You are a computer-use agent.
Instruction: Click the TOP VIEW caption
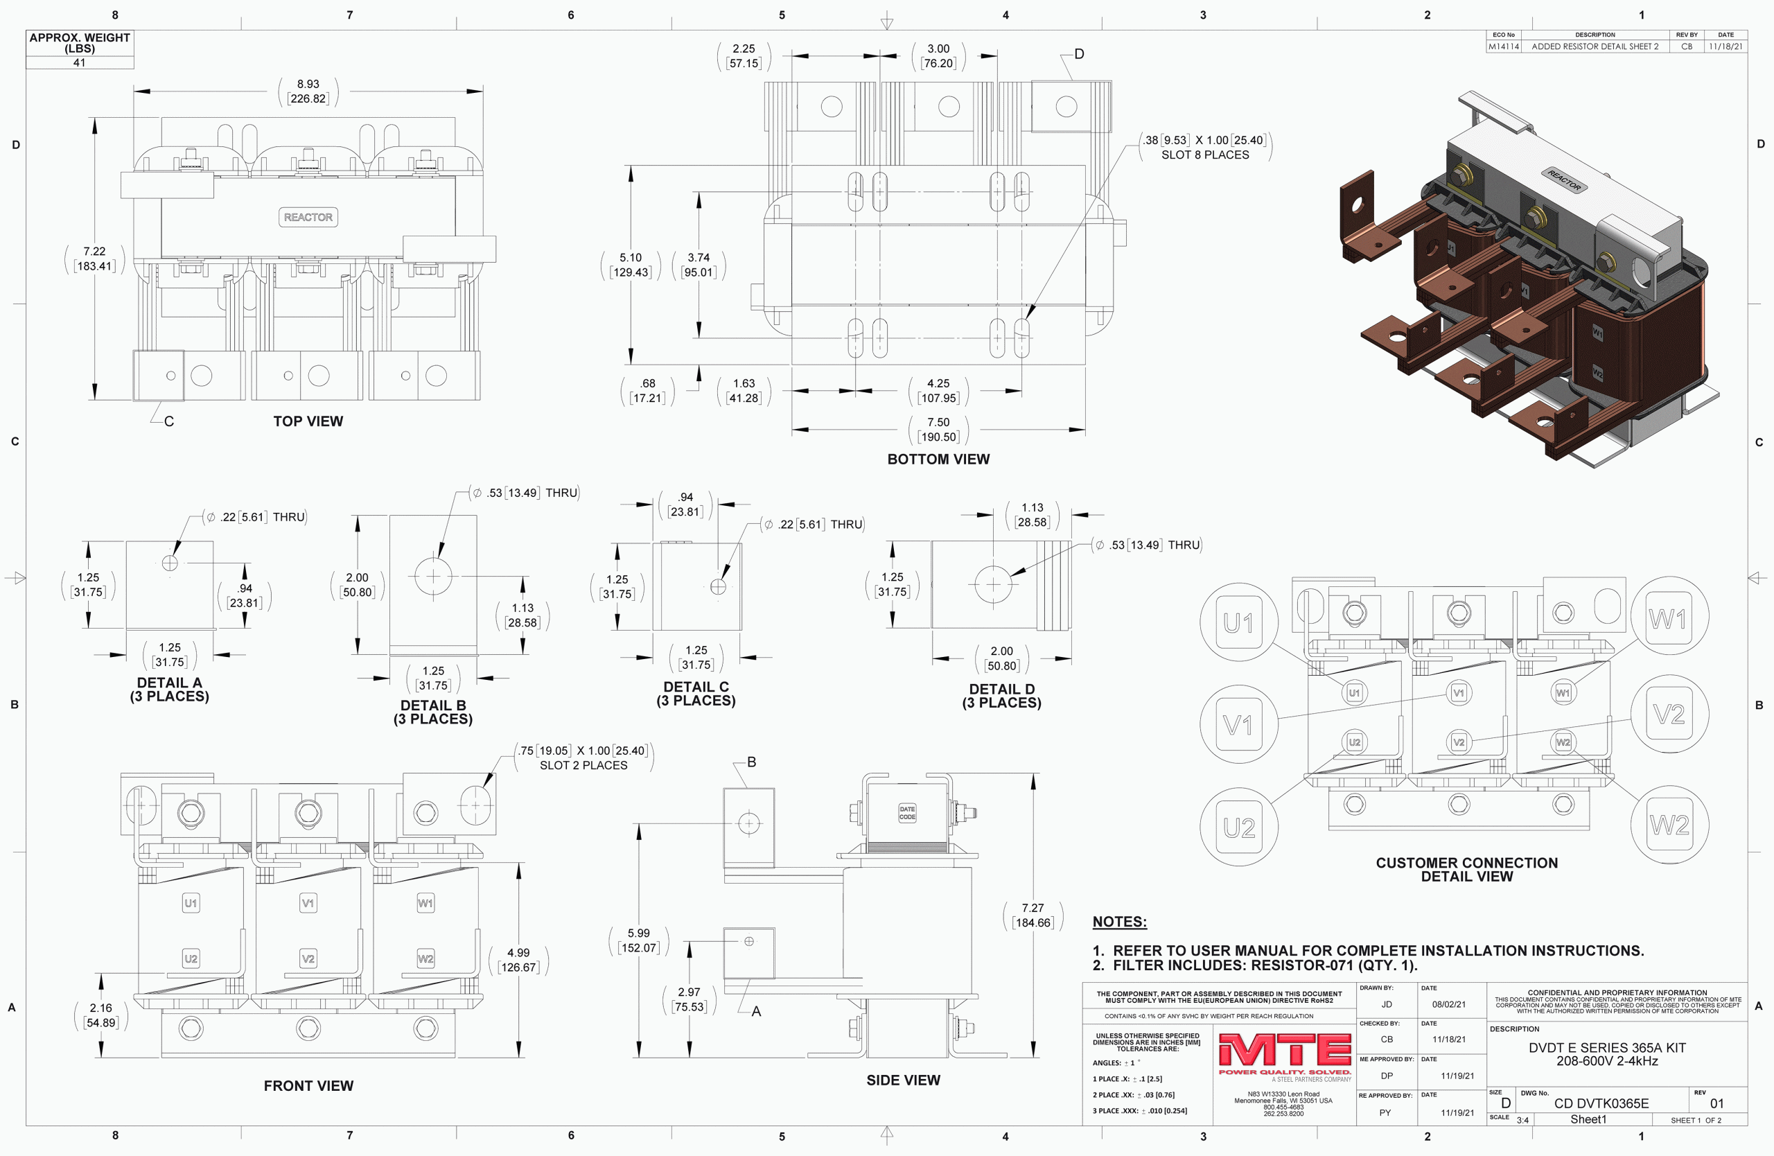click(x=308, y=421)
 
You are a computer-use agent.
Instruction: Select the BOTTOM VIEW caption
click(x=938, y=459)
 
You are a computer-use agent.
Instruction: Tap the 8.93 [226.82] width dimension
click(x=308, y=91)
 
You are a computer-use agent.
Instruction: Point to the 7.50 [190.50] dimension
click(x=938, y=429)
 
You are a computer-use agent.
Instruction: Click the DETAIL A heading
click(x=169, y=683)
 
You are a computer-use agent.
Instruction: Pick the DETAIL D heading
click(x=1002, y=690)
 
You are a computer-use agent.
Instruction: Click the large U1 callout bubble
click(x=1239, y=622)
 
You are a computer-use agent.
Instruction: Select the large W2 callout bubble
click(x=1669, y=825)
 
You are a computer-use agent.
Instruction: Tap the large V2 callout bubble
click(x=1669, y=714)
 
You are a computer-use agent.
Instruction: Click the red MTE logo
click(x=1285, y=1050)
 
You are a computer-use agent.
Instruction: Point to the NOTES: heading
click(x=1120, y=922)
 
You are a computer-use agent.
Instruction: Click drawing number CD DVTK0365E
click(x=1601, y=1103)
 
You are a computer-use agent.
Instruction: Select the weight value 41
click(x=79, y=62)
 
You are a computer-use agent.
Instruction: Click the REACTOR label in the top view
click(x=308, y=217)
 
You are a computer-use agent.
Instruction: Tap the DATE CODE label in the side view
click(x=907, y=813)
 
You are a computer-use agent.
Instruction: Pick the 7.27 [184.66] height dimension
click(x=1033, y=916)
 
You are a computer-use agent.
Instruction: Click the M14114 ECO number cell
click(x=1504, y=46)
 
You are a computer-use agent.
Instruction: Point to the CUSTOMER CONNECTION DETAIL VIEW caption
click(x=1467, y=870)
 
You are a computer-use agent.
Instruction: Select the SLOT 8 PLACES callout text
click(x=1205, y=155)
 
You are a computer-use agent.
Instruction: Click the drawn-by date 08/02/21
click(x=1449, y=1004)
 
